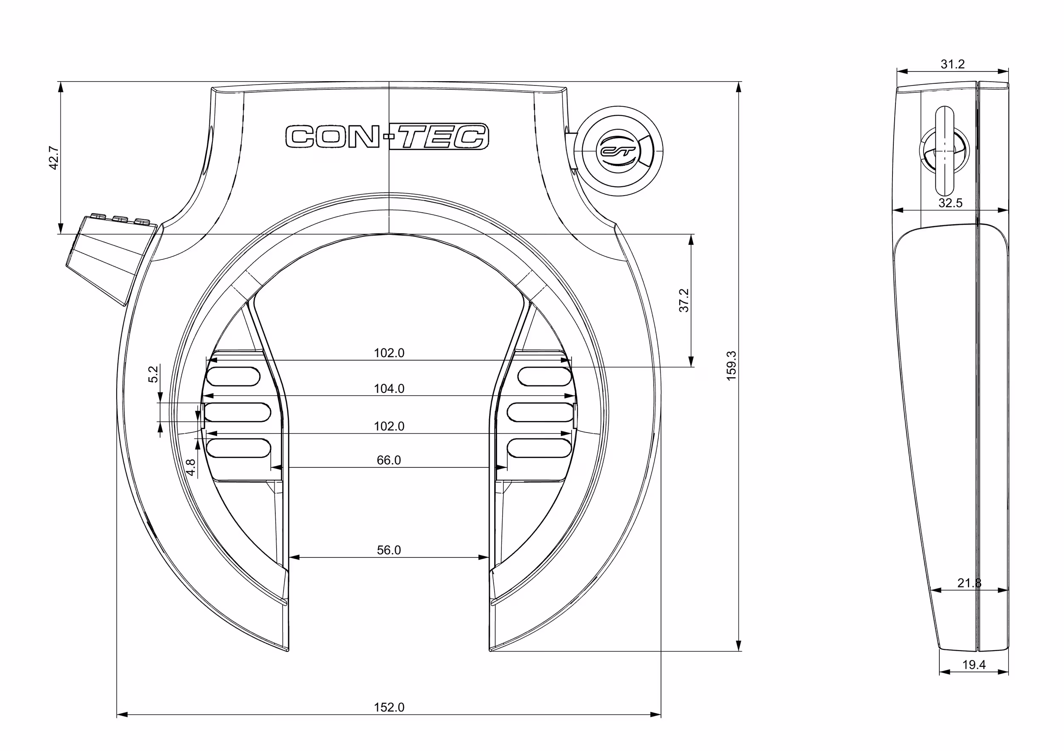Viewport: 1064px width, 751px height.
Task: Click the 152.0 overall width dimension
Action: pyautogui.click(x=389, y=707)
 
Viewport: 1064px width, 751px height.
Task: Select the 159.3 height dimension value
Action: pyautogui.click(x=731, y=366)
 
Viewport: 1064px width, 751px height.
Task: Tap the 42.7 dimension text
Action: pyautogui.click(x=54, y=158)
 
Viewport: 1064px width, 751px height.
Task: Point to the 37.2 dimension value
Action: pyautogui.click(x=684, y=301)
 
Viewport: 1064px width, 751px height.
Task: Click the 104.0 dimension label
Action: pyautogui.click(x=389, y=388)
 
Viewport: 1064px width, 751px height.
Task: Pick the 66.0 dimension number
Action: pyautogui.click(x=389, y=460)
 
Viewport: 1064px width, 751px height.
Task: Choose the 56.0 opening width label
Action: pyautogui.click(x=389, y=549)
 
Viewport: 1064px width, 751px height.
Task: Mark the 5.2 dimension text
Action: pyautogui.click(x=153, y=374)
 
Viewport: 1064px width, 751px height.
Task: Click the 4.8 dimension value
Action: pyautogui.click(x=191, y=467)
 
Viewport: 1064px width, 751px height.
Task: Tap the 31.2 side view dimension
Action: pyautogui.click(x=953, y=64)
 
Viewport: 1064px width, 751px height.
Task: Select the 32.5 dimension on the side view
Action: pyautogui.click(x=950, y=203)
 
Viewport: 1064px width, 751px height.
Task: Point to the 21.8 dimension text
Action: pyautogui.click(x=970, y=583)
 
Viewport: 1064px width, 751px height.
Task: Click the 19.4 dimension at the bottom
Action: pyautogui.click(x=974, y=664)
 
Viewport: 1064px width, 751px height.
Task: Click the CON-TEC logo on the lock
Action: pyautogui.click(x=387, y=137)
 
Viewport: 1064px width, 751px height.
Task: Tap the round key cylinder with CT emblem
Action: pyautogui.click(x=619, y=151)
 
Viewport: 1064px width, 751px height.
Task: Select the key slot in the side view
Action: pyautogui.click(x=945, y=151)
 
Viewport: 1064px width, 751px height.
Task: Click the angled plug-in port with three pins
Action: pyautogui.click(x=112, y=259)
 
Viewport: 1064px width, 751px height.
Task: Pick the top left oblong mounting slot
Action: pyautogui.click(x=233, y=376)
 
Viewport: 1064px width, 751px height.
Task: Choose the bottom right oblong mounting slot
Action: pyautogui.click(x=539, y=448)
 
